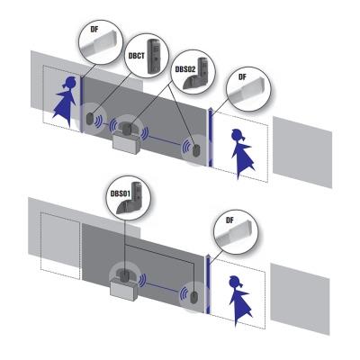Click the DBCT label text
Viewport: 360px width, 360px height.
(137, 56)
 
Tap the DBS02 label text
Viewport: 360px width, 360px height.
(185, 69)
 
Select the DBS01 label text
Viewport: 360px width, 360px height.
(121, 193)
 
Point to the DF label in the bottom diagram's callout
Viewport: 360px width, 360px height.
(229, 220)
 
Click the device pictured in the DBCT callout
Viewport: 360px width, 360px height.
(154, 57)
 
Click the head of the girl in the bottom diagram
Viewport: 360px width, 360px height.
(236, 282)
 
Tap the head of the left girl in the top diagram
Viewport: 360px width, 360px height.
(70, 83)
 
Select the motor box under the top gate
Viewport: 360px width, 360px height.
(127, 142)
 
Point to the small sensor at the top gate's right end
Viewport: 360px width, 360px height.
(196, 151)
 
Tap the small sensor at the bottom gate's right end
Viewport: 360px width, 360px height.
(193, 297)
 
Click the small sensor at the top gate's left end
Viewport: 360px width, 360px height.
(89, 119)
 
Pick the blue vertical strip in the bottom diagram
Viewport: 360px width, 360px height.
(209, 284)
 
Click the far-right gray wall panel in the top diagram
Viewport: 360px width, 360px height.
(302, 152)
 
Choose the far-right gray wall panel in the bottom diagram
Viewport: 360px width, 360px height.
(301, 299)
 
